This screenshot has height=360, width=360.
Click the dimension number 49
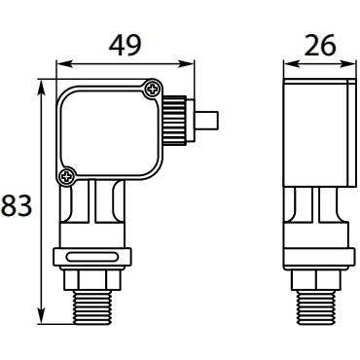click(126, 46)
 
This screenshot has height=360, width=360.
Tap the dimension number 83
click(17, 205)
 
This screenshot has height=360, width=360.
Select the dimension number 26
click(320, 45)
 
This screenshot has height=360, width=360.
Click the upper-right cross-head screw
click(152, 89)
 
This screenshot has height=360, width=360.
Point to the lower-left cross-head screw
click(67, 177)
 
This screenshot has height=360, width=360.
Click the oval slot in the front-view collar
click(91, 258)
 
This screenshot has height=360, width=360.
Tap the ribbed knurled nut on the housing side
click(174, 121)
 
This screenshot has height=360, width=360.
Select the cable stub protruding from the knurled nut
click(205, 121)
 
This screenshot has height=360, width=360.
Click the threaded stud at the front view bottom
click(92, 307)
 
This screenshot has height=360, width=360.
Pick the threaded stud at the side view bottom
click(316, 307)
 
